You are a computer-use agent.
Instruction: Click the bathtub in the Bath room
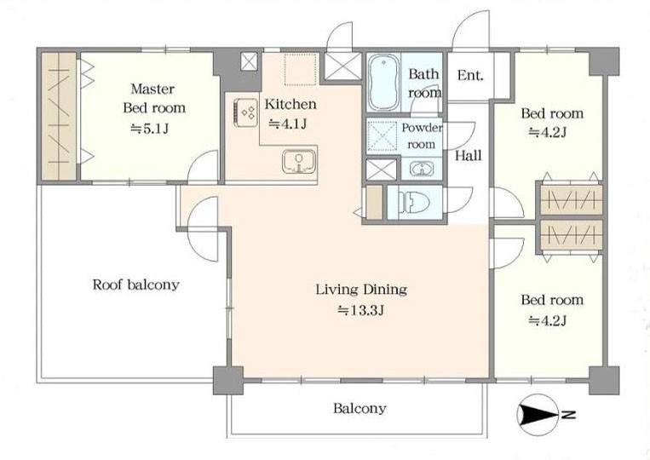tap(384, 82)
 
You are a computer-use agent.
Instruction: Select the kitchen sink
tap(299, 161)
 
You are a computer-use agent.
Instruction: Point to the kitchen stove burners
tap(245, 111)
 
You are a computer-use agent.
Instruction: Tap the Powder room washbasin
tap(422, 169)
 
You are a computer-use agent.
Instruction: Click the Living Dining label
tap(361, 290)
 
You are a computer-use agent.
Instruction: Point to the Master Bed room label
tap(154, 98)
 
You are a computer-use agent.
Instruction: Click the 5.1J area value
tap(149, 129)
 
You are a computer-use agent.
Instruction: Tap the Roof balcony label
tap(135, 285)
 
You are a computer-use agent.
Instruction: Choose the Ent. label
tap(470, 75)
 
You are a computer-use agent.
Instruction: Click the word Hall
tap(469, 155)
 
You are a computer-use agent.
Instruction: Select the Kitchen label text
tap(290, 104)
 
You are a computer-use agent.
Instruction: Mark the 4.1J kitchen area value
tap(288, 124)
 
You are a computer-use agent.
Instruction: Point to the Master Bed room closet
tap(59, 116)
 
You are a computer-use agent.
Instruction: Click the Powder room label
tap(422, 136)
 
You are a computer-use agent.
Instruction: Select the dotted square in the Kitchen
tap(300, 69)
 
